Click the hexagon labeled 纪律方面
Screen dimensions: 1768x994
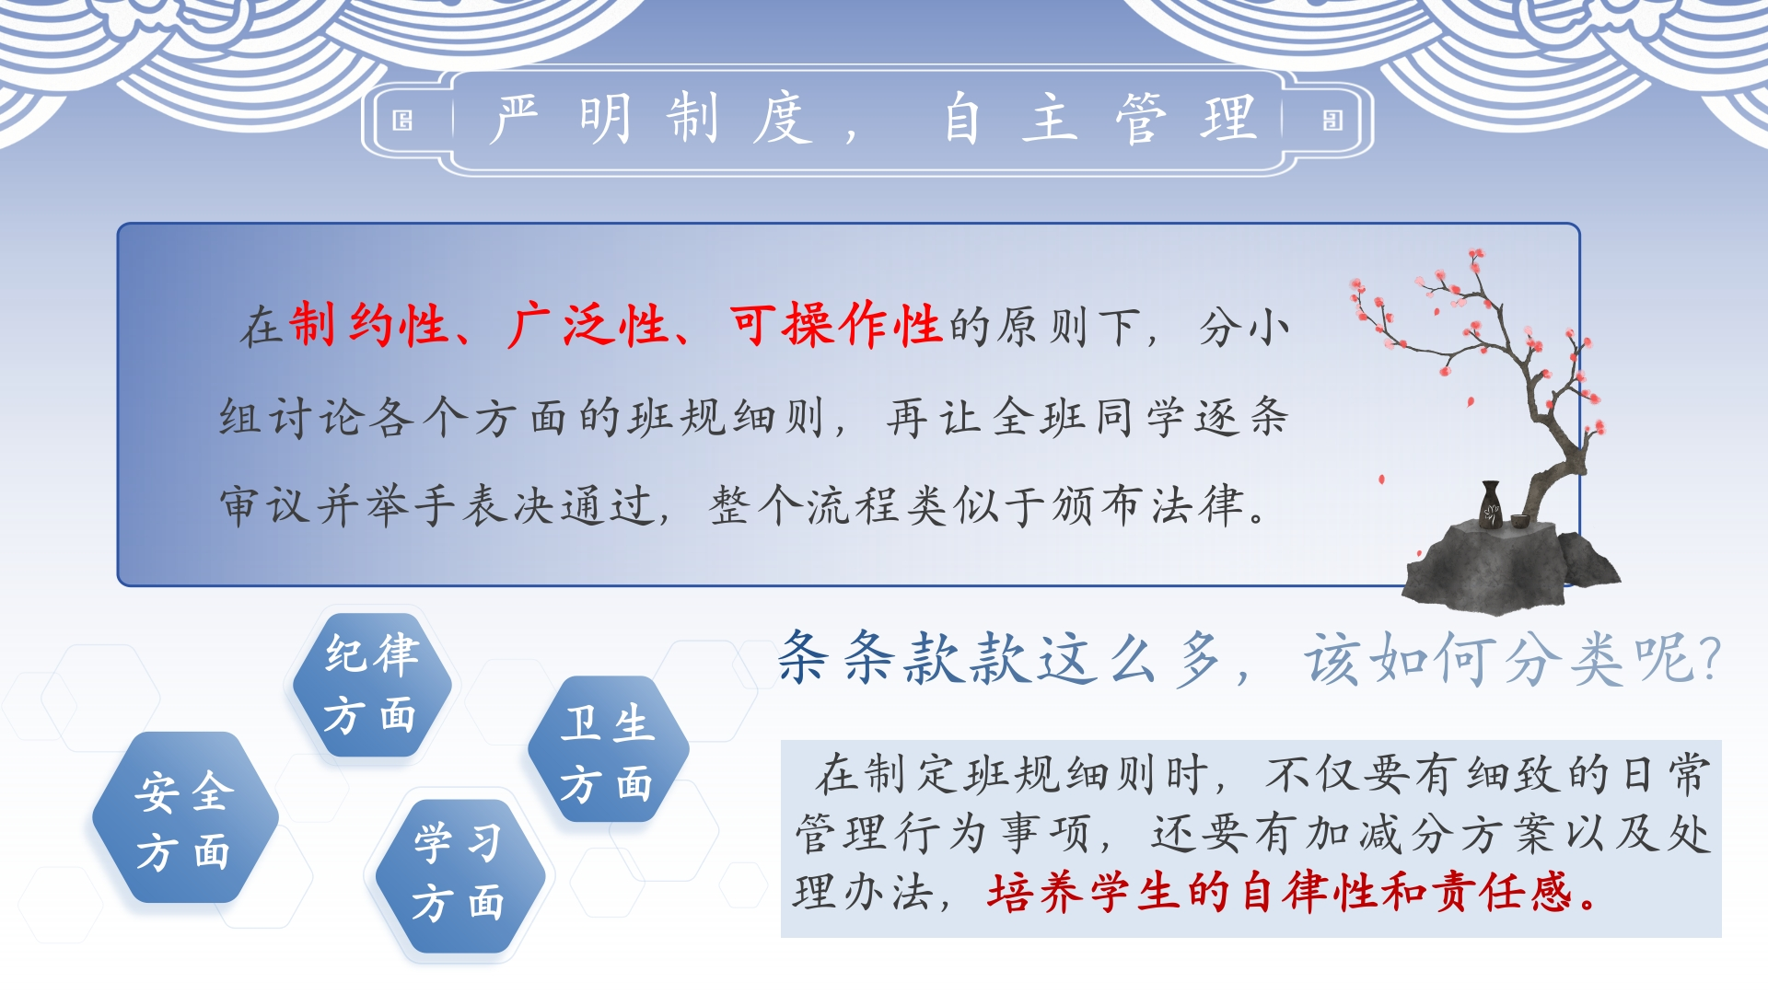coord(372,685)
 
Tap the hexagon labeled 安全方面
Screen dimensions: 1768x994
coord(185,818)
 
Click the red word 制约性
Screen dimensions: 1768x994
coord(368,326)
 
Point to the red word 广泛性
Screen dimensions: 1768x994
coord(587,326)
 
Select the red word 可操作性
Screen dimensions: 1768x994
coord(835,326)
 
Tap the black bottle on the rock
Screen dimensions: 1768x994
coord(1491,504)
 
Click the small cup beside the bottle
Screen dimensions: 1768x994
coord(1518,521)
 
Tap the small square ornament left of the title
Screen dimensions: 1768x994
coord(402,121)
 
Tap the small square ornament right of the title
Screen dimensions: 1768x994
coord(1332,121)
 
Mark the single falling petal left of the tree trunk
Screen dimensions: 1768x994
coord(1381,480)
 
